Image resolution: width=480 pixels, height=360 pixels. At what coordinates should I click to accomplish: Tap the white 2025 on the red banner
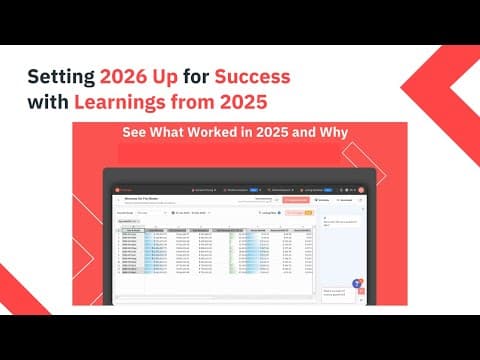pyautogui.click(x=275, y=133)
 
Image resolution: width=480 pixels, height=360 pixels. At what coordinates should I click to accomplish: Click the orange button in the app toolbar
pyautogui.click(x=297, y=200)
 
